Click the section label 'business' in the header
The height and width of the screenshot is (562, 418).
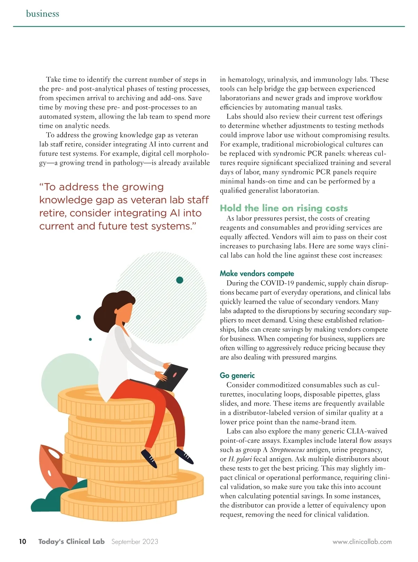click(42, 14)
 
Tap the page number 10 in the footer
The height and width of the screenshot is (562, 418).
click(23, 541)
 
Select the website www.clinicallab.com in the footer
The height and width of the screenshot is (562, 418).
click(362, 542)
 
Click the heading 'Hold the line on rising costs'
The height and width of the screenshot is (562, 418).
click(284, 208)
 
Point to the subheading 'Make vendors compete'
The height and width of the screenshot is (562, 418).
click(257, 274)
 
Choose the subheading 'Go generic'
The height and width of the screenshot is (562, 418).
click(237, 375)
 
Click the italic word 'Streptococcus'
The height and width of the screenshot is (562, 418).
click(287, 450)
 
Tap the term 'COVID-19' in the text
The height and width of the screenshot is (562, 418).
click(277, 283)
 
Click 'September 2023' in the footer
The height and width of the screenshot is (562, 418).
click(134, 541)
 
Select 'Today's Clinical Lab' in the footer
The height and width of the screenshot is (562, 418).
click(71, 541)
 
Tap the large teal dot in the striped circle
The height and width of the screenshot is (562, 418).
click(180, 280)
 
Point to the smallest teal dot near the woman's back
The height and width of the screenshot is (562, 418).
click(91, 339)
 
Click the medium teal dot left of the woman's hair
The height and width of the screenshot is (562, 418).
click(78, 317)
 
